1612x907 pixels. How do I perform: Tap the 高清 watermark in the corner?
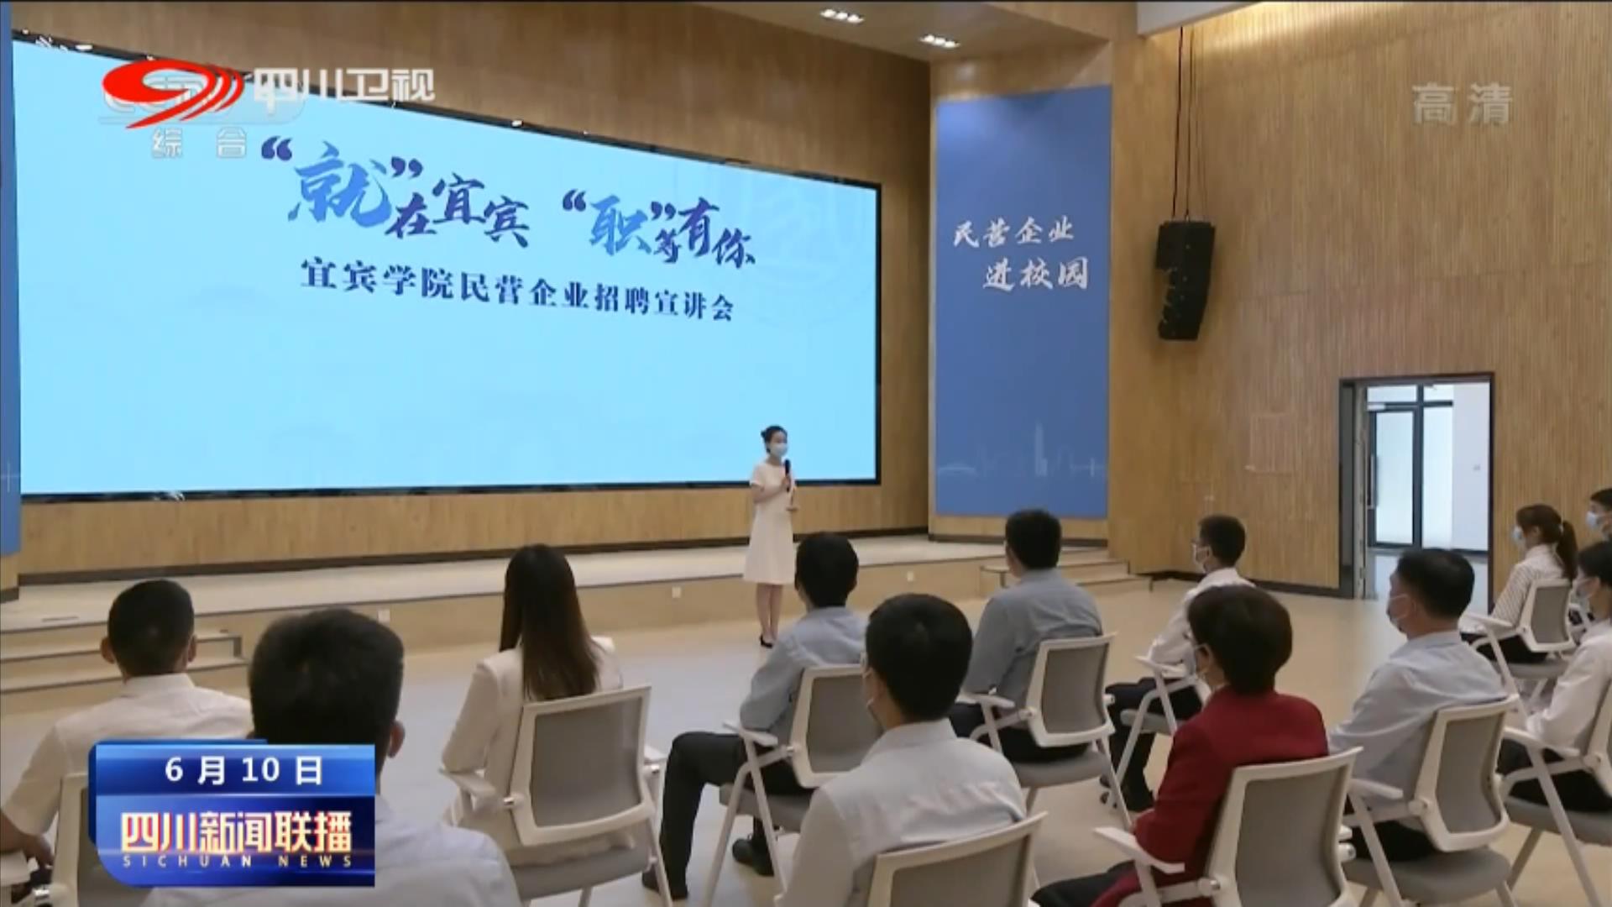tap(1462, 104)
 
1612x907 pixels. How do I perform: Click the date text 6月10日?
tap(243, 769)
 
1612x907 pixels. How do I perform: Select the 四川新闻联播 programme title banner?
tap(236, 834)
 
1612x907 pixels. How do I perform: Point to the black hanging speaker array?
tap(1184, 280)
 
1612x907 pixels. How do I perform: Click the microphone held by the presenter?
tap(788, 475)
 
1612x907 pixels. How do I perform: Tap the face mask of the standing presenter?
tap(778, 449)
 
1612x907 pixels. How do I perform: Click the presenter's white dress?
tap(770, 524)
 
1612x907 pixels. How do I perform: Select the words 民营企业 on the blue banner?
tap(1014, 232)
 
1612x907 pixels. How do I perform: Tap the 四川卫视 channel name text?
tap(343, 86)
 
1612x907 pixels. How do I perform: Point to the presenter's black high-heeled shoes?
tap(766, 641)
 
